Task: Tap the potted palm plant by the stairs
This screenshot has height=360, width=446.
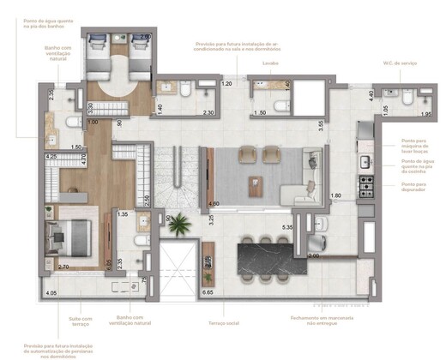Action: tap(179, 225)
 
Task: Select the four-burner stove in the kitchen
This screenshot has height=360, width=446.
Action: tap(365, 183)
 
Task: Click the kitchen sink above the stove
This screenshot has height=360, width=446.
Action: tap(365, 161)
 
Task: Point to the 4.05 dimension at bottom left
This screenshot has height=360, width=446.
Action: tap(51, 293)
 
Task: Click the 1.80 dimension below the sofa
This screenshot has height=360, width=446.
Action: tap(337, 196)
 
